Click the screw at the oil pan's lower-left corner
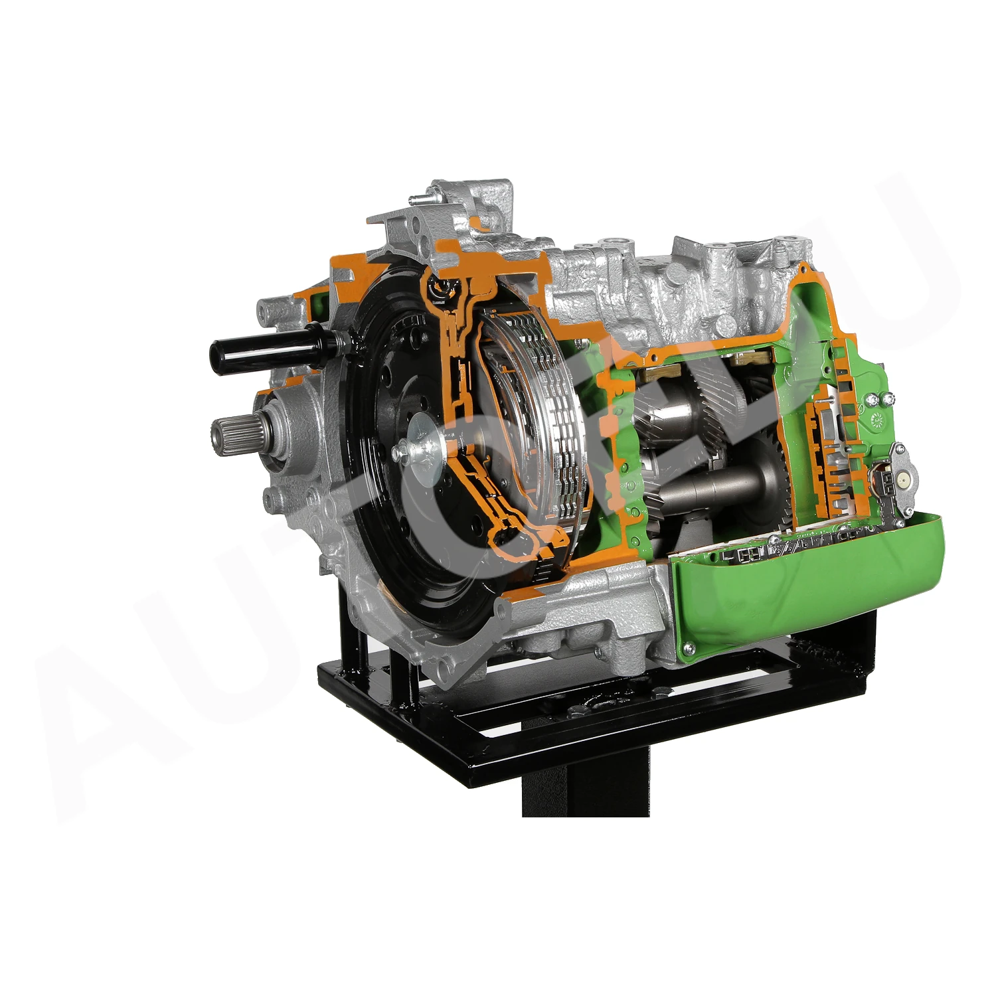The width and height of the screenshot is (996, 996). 688,649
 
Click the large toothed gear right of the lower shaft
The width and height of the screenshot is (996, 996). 784,478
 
